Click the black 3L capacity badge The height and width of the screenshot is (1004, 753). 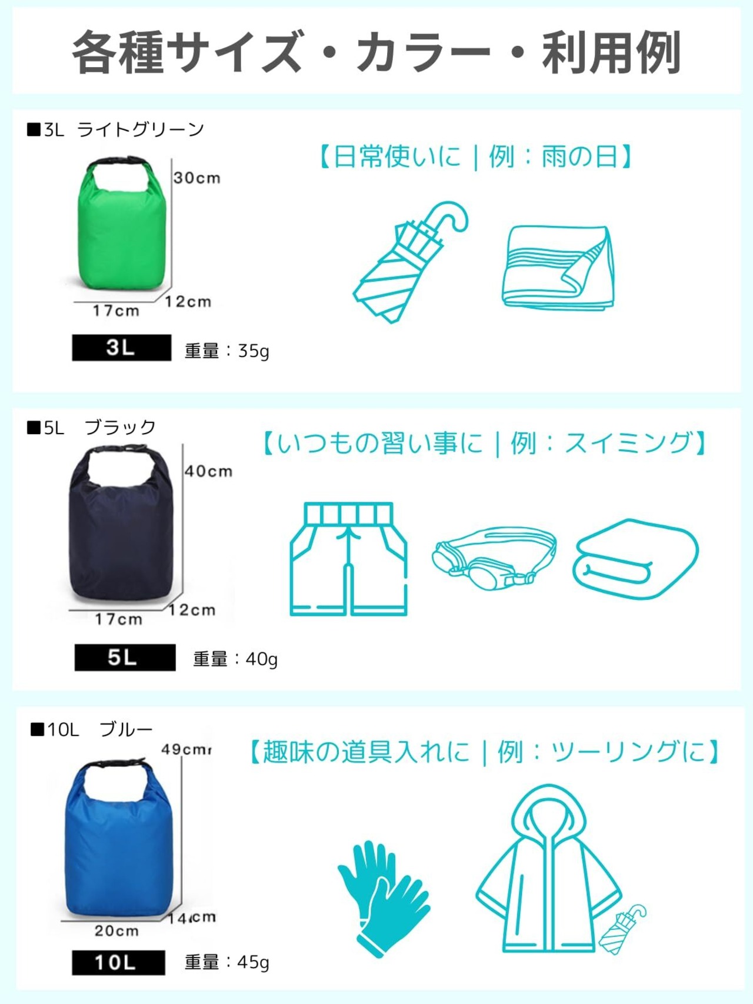click(121, 348)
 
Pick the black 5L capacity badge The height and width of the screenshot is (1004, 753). click(125, 657)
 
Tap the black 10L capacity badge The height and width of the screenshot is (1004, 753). click(118, 962)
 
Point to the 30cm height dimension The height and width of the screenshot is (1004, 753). click(197, 178)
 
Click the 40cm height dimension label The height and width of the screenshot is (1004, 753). click(209, 471)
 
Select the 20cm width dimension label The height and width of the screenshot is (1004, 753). click(117, 930)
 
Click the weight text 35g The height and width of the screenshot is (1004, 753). click(254, 351)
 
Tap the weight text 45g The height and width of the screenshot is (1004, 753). click(253, 962)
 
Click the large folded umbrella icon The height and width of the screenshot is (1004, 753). click(411, 262)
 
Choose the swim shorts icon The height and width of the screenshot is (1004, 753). click(349, 559)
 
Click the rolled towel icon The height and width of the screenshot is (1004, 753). click(636, 559)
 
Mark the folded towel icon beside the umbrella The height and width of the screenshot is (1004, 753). click(558, 268)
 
